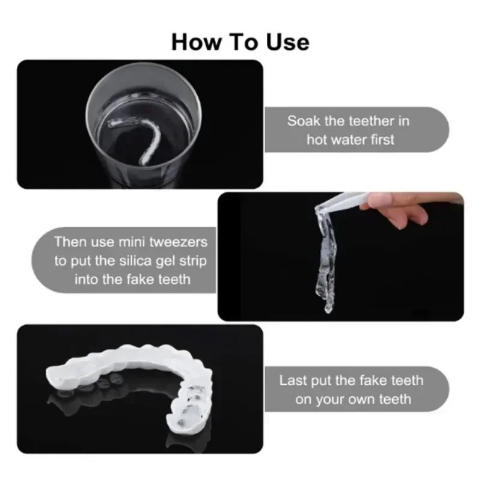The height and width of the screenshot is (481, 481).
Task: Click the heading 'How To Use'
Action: [240, 41]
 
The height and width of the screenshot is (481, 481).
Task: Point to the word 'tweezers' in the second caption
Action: [179, 242]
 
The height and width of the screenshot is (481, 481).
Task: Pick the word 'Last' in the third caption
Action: [293, 380]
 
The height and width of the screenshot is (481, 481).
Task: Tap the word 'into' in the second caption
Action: [88, 279]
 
